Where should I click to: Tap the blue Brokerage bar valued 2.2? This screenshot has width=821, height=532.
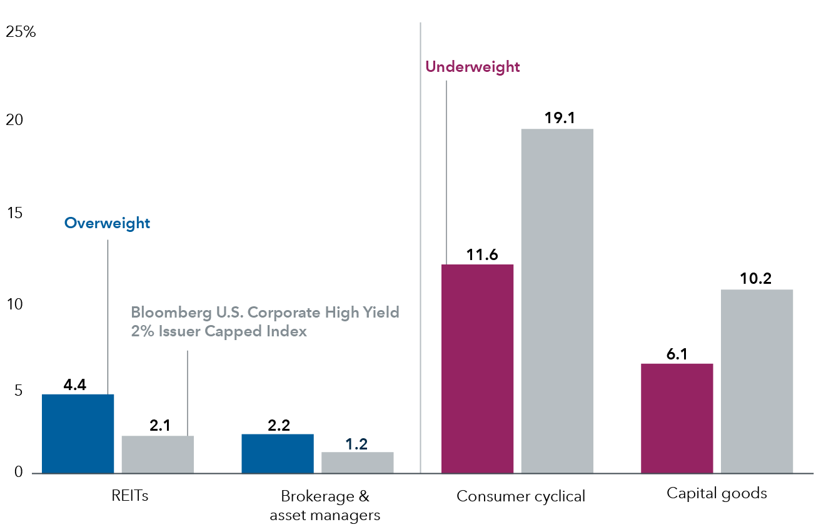(x=278, y=453)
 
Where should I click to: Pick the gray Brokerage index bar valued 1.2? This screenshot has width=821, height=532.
(x=357, y=462)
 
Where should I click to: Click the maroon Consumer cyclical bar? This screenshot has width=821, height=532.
(x=477, y=368)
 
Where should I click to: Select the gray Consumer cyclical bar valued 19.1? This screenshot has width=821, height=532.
(x=557, y=301)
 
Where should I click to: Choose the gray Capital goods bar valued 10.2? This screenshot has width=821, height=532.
(x=757, y=381)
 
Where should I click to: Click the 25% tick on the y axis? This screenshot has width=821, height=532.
(x=21, y=32)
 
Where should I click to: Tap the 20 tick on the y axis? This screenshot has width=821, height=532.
(x=14, y=121)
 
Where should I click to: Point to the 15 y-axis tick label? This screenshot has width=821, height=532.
(x=14, y=213)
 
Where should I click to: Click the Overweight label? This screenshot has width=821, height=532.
(x=108, y=223)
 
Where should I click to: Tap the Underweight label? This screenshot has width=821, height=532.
(x=472, y=67)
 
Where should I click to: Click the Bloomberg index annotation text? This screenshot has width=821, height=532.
(x=264, y=322)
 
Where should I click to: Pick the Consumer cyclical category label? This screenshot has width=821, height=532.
(x=521, y=496)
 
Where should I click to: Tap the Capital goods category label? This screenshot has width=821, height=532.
(x=717, y=493)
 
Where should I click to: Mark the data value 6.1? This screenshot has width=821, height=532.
(x=677, y=353)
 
